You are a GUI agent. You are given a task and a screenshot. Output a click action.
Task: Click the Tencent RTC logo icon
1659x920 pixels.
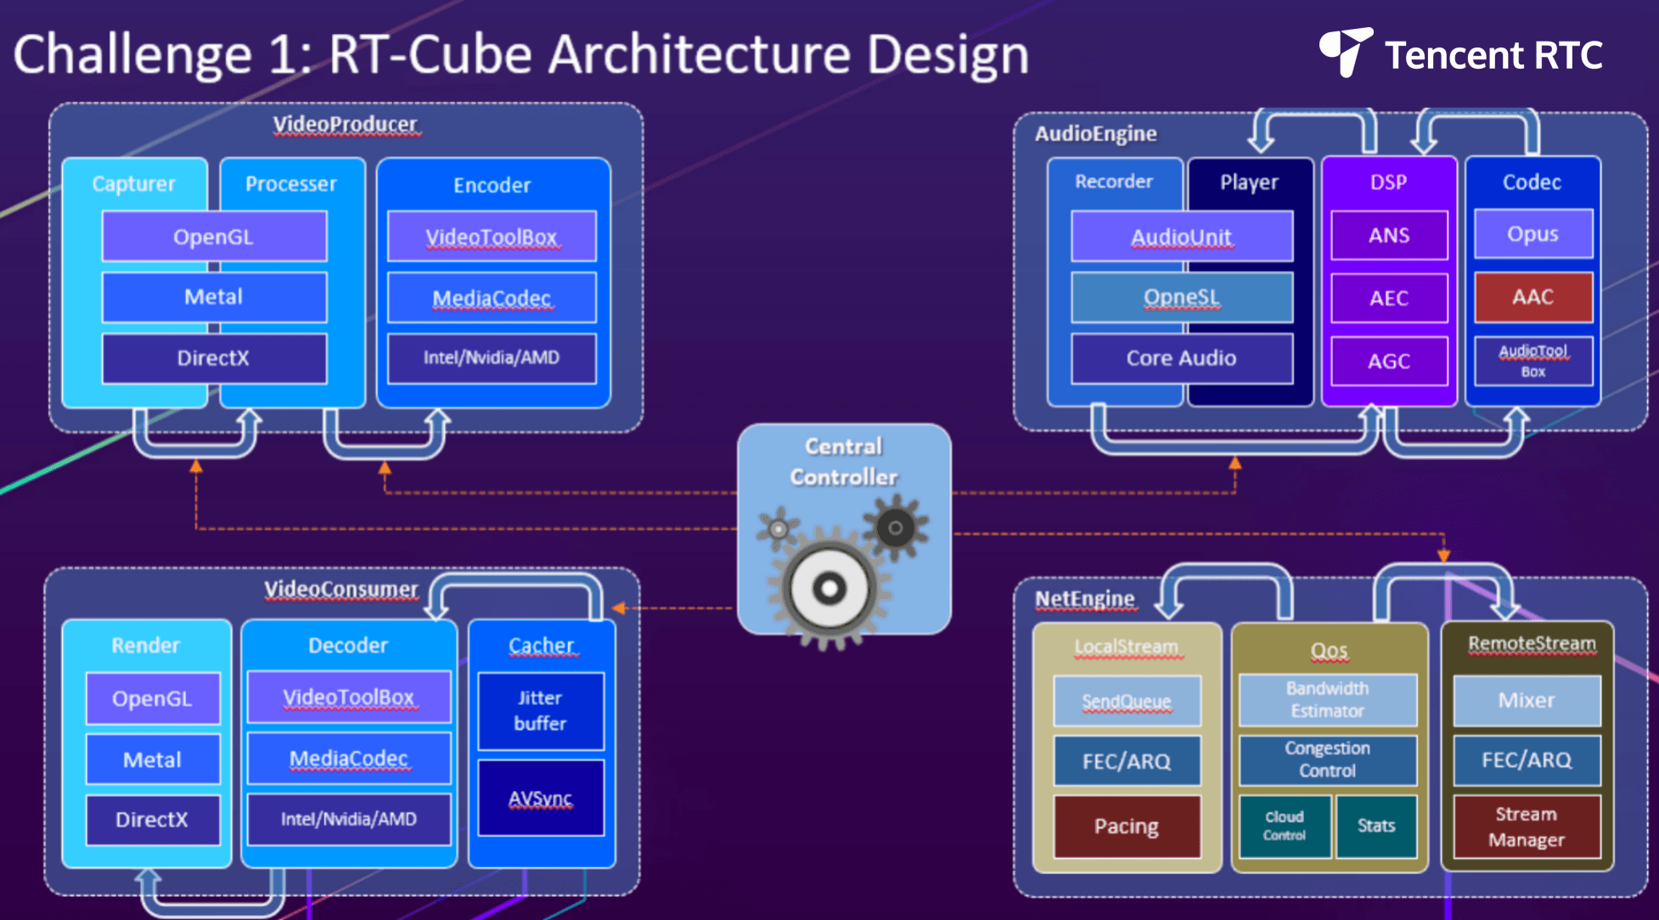tap(1345, 51)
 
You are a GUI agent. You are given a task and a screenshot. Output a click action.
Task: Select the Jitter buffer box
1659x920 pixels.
tap(541, 711)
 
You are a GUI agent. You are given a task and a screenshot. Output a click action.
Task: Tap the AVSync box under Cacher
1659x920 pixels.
tap(541, 798)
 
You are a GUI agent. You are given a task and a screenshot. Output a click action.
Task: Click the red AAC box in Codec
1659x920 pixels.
tap(1533, 297)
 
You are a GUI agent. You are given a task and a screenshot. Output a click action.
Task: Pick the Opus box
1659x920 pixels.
tap(1533, 234)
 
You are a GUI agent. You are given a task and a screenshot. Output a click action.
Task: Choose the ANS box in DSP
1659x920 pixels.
tap(1389, 235)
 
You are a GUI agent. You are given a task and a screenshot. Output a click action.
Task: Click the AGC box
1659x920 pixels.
tap(1389, 361)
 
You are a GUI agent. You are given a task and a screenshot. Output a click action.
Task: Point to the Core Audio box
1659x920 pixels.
tap(1182, 358)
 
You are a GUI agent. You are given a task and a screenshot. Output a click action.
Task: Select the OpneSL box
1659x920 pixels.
tap(1182, 298)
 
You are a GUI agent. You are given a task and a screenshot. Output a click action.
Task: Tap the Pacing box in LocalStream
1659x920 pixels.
tap(1127, 827)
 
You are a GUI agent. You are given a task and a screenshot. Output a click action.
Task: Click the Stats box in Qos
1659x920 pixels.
tap(1376, 826)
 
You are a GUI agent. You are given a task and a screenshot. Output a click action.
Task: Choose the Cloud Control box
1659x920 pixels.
tap(1285, 826)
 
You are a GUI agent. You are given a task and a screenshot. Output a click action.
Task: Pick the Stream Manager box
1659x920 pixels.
tap(1527, 827)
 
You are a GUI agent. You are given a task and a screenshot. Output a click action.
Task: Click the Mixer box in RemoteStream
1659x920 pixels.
tap(1527, 700)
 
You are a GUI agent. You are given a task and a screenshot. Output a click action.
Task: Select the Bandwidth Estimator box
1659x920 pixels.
tap(1328, 700)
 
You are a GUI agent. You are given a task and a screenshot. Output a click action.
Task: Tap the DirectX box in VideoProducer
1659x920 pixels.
tap(214, 358)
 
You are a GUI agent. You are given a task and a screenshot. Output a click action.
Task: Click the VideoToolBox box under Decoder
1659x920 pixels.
tap(349, 698)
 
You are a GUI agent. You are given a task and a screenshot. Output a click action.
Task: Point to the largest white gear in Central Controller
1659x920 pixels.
tap(829, 587)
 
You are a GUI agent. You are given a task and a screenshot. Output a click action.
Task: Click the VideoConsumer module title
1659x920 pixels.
tap(341, 589)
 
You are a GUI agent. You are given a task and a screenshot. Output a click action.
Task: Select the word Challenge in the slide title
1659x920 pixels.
tap(132, 56)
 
